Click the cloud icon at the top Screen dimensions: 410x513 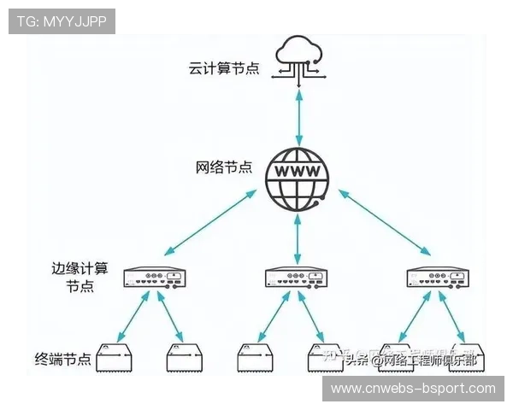(298, 58)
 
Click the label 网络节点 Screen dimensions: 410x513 (224, 167)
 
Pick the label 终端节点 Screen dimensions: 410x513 (62, 359)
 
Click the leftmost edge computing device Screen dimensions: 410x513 (155, 278)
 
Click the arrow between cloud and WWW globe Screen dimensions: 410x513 (298, 115)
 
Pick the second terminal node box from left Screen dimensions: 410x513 (186, 358)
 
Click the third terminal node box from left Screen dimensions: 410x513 (256, 358)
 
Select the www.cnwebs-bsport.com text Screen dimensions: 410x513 (413, 389)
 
